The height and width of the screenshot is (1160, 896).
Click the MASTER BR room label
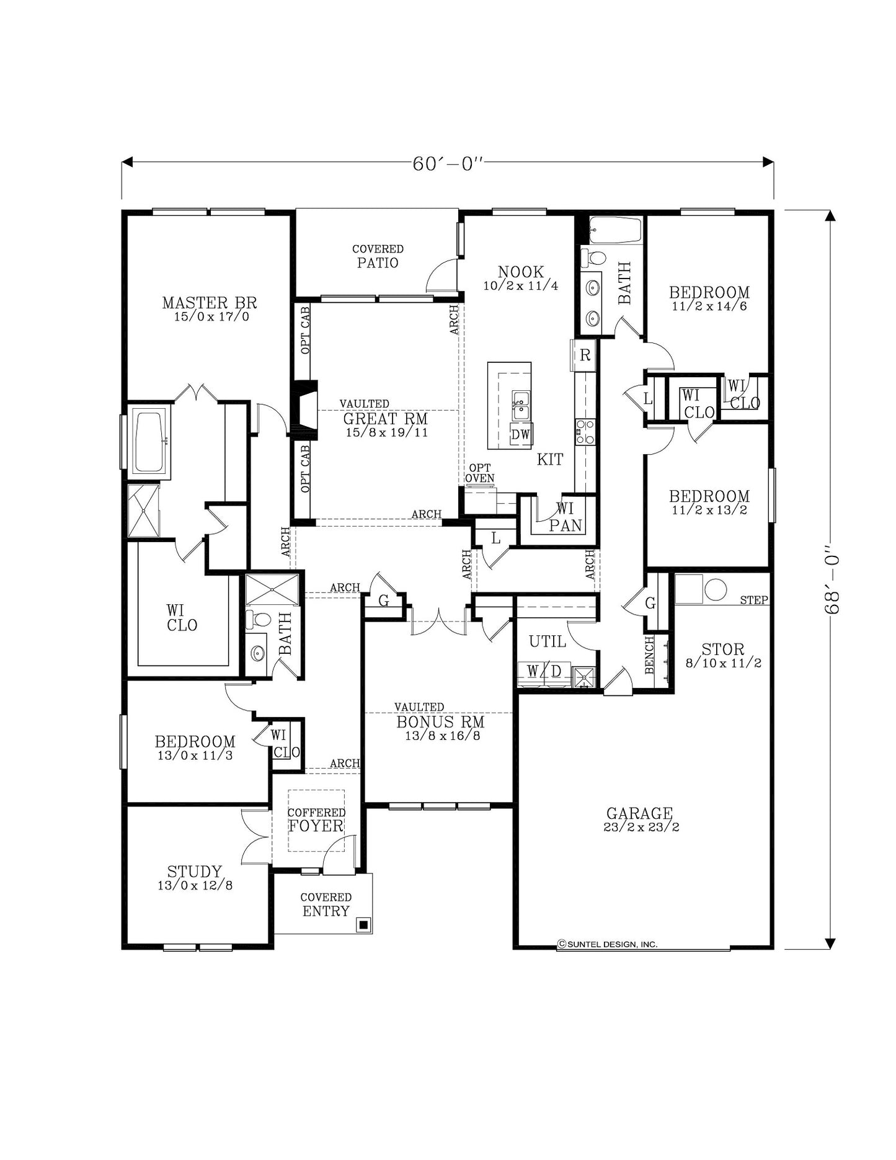point(210,303)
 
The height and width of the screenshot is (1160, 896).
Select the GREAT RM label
point(386,419)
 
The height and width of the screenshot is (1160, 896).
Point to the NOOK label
point(521,272)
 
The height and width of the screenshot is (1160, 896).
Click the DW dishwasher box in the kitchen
point(521,435)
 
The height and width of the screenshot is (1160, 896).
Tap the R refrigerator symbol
point(585,356)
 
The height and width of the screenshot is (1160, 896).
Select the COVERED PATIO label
point(378,256)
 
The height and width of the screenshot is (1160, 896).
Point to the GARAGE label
point(639,814)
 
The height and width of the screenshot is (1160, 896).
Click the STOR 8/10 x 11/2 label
point(723,655)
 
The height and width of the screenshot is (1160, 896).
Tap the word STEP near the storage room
point(754,600)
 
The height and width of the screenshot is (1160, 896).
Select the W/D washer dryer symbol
point(544,671)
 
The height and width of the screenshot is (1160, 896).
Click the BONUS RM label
point(440,723)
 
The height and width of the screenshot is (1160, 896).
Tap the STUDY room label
point(195,872)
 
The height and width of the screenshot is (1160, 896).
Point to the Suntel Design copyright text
point(608,944)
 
